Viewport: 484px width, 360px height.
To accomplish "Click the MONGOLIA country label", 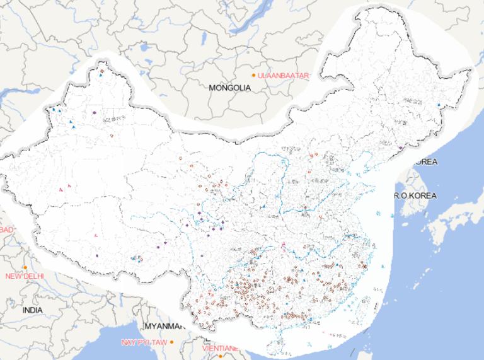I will point(229,88).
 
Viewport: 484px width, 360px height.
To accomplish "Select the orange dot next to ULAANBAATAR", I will point(254,76).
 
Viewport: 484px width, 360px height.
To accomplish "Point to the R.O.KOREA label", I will point(415,195).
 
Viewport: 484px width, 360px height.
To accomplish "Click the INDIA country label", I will point(33,310).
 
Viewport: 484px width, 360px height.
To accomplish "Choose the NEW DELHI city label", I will point(25,276).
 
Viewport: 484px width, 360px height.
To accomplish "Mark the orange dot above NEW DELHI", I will point(25,268).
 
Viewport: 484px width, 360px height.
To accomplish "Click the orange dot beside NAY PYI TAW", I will point(171,342).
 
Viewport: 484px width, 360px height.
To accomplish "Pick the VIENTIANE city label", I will point(220,347).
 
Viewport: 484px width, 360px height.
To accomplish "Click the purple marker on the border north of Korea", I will point(401,148).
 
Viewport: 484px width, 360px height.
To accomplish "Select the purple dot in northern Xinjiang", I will point(94,113).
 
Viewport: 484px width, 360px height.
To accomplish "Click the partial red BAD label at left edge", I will point(6,229).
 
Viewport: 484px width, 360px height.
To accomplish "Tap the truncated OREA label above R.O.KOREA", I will point(426,162).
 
